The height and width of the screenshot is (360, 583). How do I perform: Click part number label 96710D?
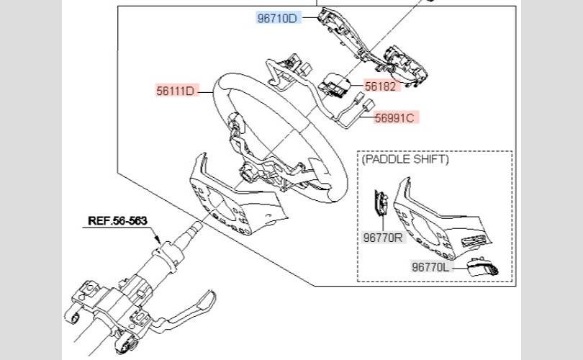(277, 17)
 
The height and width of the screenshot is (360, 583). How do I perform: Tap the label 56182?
(381, 86)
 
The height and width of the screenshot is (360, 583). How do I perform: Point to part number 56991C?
(394, 117)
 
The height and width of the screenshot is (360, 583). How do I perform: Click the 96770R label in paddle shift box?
(383, 236)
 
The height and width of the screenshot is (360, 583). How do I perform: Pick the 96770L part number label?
(430, 267)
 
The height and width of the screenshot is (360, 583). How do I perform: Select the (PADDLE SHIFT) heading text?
(405, 158)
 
